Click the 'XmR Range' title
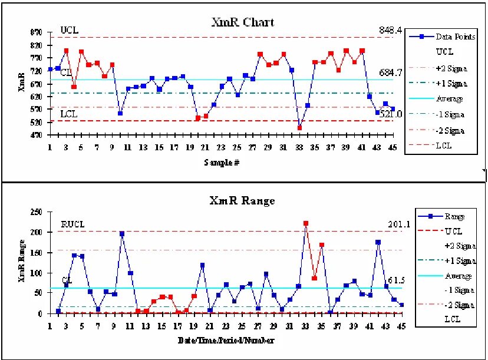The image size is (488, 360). pyautogui.click(x=242, y=201)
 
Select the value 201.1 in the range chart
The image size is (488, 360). pyautogui.click(x=391, y=224)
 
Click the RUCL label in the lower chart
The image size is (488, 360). pyautogui.click(x=73, y=224)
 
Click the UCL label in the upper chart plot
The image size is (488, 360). pyautogui.click(x=69, y=30)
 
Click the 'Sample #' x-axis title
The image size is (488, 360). pyautogui.click(x=221, y=162)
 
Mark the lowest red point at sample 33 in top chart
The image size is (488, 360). pyautogui.click(x=299, y=128)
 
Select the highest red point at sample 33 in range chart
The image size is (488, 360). pyautogui.click(x=305, y=224)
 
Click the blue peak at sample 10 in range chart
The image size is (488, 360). pyautogui.click(x=122, y=234)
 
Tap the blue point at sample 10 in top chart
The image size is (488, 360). pyautogui.click(x=120, y=113)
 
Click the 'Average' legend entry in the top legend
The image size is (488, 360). pyautogui.click(x=449, y=99)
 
